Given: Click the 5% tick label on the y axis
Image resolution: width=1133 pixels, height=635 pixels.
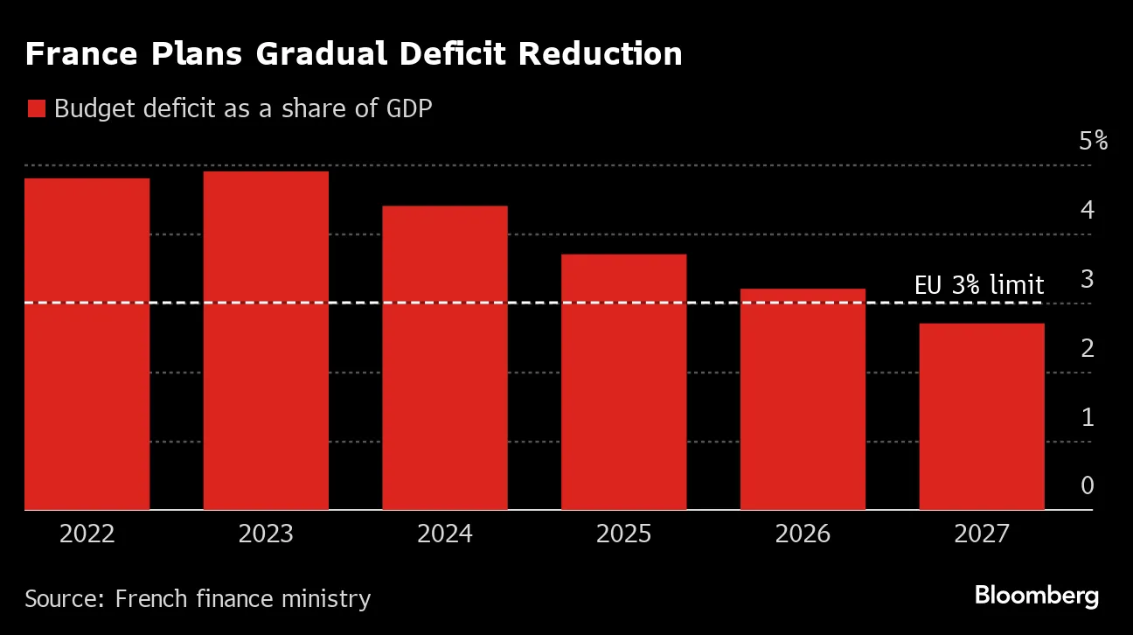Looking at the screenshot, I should (1093, 141).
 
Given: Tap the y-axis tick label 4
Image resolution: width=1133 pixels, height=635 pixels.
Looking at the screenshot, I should (1088, 210).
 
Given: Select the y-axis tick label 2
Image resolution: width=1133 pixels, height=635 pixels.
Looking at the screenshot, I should (1088, 348).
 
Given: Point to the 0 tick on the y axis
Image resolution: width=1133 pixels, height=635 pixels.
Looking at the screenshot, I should (1088, 486).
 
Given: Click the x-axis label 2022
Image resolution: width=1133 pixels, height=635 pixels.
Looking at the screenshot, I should (87, 534).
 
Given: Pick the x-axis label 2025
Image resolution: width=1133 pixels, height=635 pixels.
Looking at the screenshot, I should (623, 534).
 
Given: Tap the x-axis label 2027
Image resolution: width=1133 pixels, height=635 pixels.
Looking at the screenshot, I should (981, 534).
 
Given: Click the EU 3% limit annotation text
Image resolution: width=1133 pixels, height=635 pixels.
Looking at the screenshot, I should (979, 285).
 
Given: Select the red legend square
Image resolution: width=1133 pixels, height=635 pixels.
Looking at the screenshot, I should (36, 109).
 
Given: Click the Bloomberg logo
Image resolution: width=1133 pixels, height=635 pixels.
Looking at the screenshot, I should (1037, 597).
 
